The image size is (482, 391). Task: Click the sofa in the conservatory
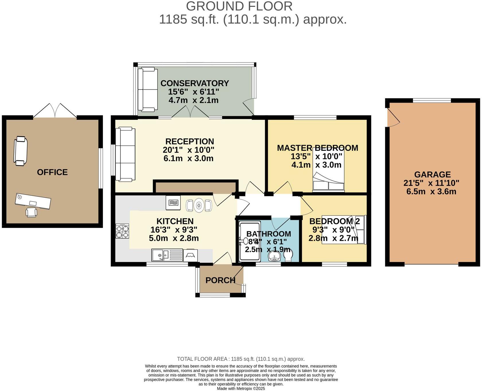click(x=147, y=89)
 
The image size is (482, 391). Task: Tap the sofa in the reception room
click(x=125, y=154)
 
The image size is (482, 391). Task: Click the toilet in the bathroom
click(x=288, y=256)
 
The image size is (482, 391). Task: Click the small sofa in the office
click(x=21, y=151)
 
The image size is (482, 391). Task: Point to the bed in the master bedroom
click(x=328, y=170)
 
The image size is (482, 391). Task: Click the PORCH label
click(x=220, y=280)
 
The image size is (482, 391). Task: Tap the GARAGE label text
click(x=432, y=174)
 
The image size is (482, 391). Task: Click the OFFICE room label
click(x=52, y=172)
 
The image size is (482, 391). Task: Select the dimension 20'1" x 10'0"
click(x=188, y=150)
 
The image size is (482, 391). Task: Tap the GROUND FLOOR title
click(x=239, y=6)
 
